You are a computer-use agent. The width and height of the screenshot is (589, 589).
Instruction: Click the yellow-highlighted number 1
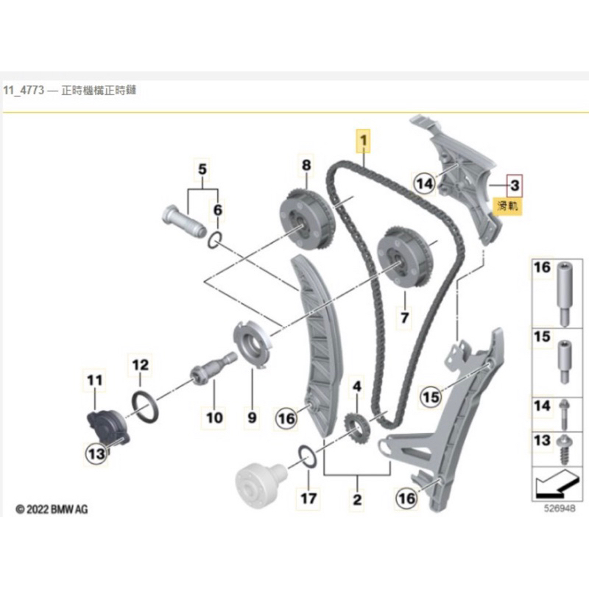pos(363,141)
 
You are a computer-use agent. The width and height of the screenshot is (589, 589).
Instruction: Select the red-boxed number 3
pos(515,186)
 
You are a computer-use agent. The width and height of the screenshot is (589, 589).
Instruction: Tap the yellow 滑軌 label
pos(507,206)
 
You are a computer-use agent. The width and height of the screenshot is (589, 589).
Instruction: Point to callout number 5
pos(202,169)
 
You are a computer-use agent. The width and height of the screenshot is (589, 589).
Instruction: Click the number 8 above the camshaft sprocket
pos(306,165)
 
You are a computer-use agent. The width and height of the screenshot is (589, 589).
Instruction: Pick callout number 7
pos(404,318)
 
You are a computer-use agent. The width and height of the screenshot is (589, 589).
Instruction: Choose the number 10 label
pos(214,417)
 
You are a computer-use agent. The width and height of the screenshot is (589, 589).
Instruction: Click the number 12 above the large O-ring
pos(141,364)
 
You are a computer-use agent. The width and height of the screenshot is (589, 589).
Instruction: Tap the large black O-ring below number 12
pos(144,407)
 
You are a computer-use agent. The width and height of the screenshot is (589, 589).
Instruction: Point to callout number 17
pos(308,498)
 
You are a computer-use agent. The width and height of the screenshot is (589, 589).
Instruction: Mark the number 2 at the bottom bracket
pos(357,499)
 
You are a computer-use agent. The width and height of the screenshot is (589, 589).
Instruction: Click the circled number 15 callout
pos(431,397)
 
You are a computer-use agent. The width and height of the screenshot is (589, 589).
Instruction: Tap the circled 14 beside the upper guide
pos(425,183)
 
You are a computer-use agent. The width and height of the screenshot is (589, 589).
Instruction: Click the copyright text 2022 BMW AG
pos(52,509)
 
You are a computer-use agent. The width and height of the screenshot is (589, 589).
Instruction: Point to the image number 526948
pos(560,508)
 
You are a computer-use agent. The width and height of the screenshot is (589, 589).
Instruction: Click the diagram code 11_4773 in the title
pos(24,91)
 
